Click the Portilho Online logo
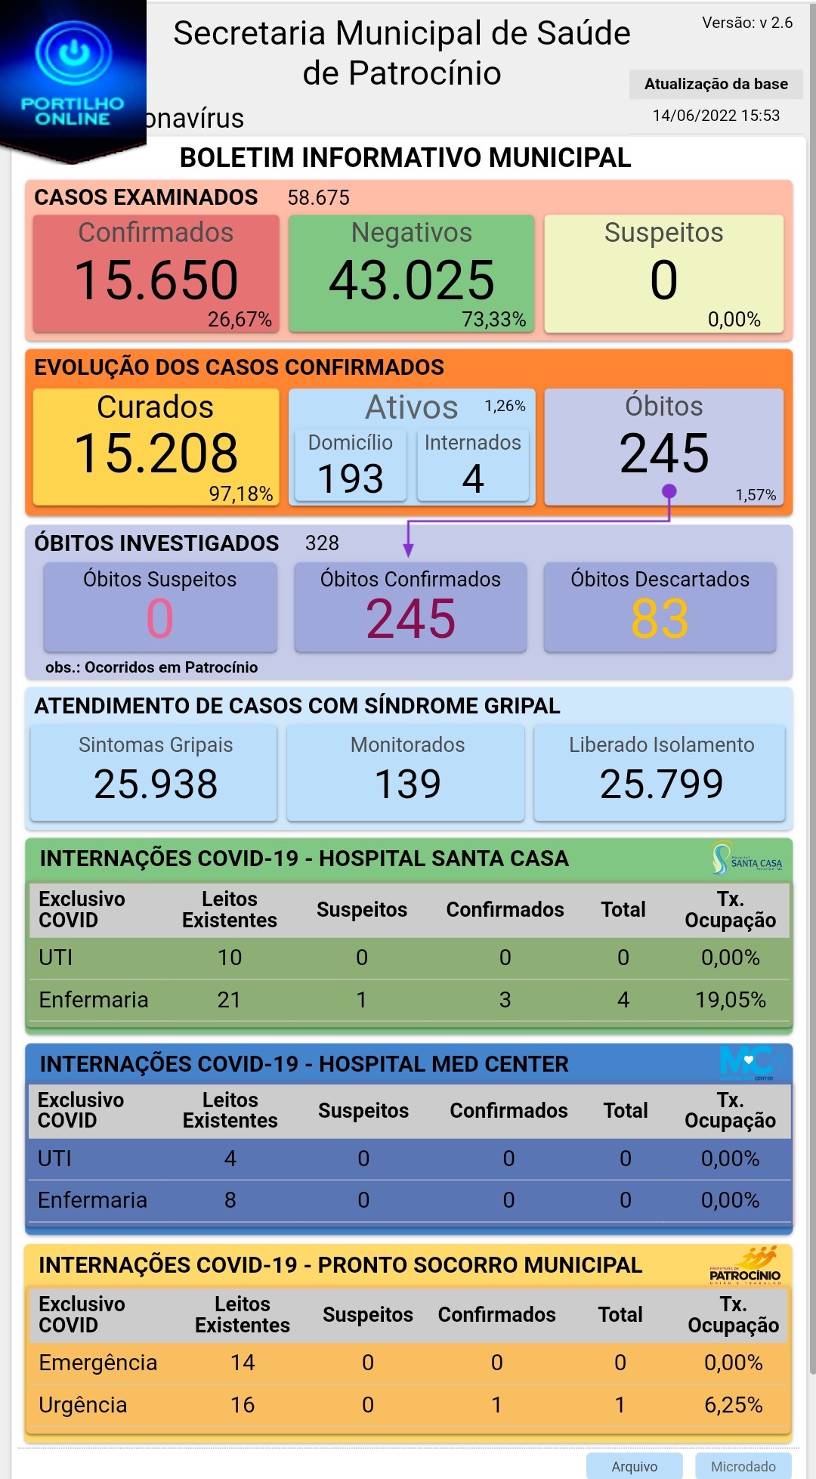point(73,76)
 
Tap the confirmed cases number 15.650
point(156,280)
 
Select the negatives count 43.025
point(412,280)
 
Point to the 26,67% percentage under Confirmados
point(240,320)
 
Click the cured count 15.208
point(156,453)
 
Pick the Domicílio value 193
point(351,479)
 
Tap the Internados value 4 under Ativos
point(473,479)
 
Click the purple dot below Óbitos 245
point(669,492)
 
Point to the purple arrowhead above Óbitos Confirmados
point(408,549)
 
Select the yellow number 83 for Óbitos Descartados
point(660,619)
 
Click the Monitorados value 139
point(408,784)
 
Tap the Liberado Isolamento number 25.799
point(661,784)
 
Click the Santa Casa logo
point(746,859)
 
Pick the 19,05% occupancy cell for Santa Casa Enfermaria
point(731,1000)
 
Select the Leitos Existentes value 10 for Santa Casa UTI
point(230,958)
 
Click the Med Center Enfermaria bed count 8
point(230,1200)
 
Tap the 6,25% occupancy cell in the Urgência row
point(733,1405)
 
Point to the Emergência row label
point(98,1363)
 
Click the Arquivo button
point(635,1466)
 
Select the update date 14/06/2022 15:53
point(716,116)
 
